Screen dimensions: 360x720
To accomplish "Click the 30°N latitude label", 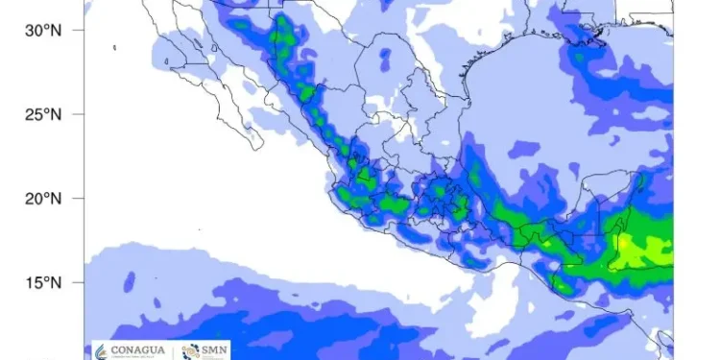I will [x=42, y=30].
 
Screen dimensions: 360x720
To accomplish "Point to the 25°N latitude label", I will [x=42, y=114].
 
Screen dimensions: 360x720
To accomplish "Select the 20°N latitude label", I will [x=42, y=199].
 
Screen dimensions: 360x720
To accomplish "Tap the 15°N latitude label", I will [x=42, y=283].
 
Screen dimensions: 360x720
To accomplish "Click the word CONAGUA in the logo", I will [x=134, y=348].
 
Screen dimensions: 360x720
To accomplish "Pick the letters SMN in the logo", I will [x=211, y=347].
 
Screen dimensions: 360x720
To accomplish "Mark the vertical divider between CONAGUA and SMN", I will [x=173, y=349].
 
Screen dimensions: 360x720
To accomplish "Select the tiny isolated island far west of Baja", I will [x=114, y=46].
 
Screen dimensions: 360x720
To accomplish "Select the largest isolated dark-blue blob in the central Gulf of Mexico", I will [x=524, y=149].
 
